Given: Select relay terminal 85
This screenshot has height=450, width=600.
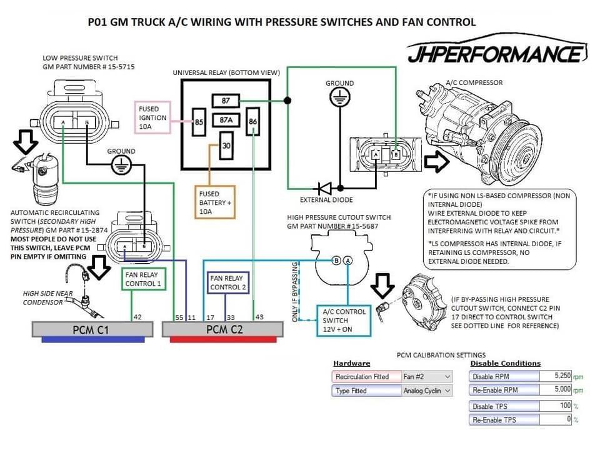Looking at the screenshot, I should click(x=199, y=122).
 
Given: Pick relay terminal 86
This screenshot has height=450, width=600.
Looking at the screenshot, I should click(x=252, y=121).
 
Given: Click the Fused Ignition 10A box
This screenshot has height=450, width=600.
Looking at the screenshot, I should click(x=153, y=117).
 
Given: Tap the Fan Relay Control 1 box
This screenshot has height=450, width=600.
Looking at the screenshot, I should click(x=143, y=279).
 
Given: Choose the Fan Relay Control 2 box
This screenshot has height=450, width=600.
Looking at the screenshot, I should click(x=229, y=282).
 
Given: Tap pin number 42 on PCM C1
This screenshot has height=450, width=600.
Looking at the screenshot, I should click(x=137, y=317).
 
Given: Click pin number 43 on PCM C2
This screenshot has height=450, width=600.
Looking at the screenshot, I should click(x=259, y=317).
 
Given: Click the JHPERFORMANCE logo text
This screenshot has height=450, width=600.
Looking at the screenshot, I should click(x=494, y=54).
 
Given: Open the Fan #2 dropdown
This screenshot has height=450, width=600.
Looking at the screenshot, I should click(x=426, y=377).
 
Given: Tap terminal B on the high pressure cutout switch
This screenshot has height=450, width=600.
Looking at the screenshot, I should click(x=336, y=261).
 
